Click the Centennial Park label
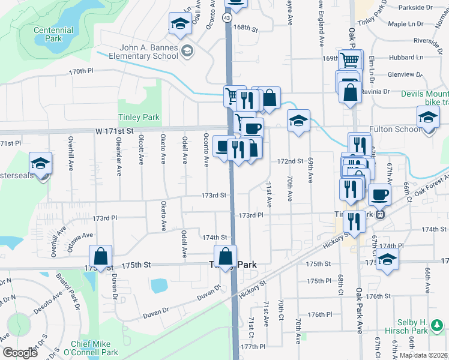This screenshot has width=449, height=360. (53, 34)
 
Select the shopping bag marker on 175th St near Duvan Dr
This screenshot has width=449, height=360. (101, 256)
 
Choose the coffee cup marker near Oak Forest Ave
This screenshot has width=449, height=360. (379, 195)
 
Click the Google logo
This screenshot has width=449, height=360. (19, 353)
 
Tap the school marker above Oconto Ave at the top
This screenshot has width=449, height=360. (179, 24)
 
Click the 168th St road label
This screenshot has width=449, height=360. (246, 28)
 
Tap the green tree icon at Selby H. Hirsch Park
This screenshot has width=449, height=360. (438, 327)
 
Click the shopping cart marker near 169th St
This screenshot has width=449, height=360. (350, 60)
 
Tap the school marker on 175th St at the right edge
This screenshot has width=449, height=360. (387, 259)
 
